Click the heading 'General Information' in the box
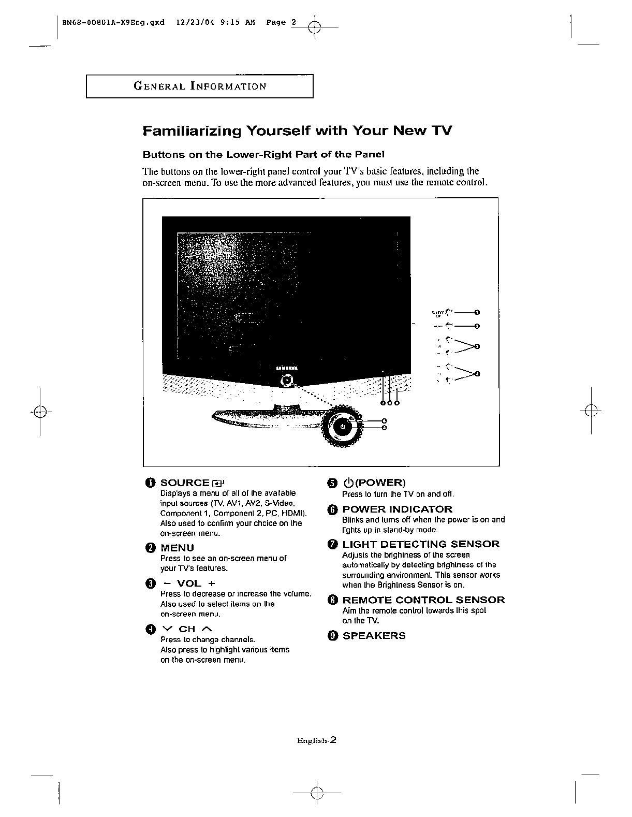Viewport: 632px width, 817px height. (x=200, y=86)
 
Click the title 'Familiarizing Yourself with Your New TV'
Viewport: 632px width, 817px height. (x=297, y=130)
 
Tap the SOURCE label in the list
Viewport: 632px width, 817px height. (x=184, y=483)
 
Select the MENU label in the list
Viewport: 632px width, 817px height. (x=177, y=548)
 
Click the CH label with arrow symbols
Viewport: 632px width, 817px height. (x=187, y=629)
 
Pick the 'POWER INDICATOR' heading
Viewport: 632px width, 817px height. (x=397, y=509)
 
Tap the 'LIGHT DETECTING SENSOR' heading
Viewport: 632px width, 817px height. (x=421, y=544)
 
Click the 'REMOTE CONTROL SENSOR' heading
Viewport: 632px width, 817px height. (x=423, y=600)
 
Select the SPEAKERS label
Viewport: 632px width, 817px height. (x=374, y=636)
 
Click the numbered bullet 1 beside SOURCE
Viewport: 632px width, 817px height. (x=150, y=483)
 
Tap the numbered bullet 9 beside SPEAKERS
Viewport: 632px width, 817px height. (x=332, y=636)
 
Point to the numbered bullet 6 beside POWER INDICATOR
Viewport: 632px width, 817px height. (x=332, y=509)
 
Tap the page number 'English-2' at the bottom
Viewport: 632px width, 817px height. (x=317, y=740)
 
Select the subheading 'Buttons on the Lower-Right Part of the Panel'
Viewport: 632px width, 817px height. (x=263, y=154)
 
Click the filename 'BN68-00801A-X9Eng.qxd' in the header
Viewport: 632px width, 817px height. (x=112, y=22)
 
